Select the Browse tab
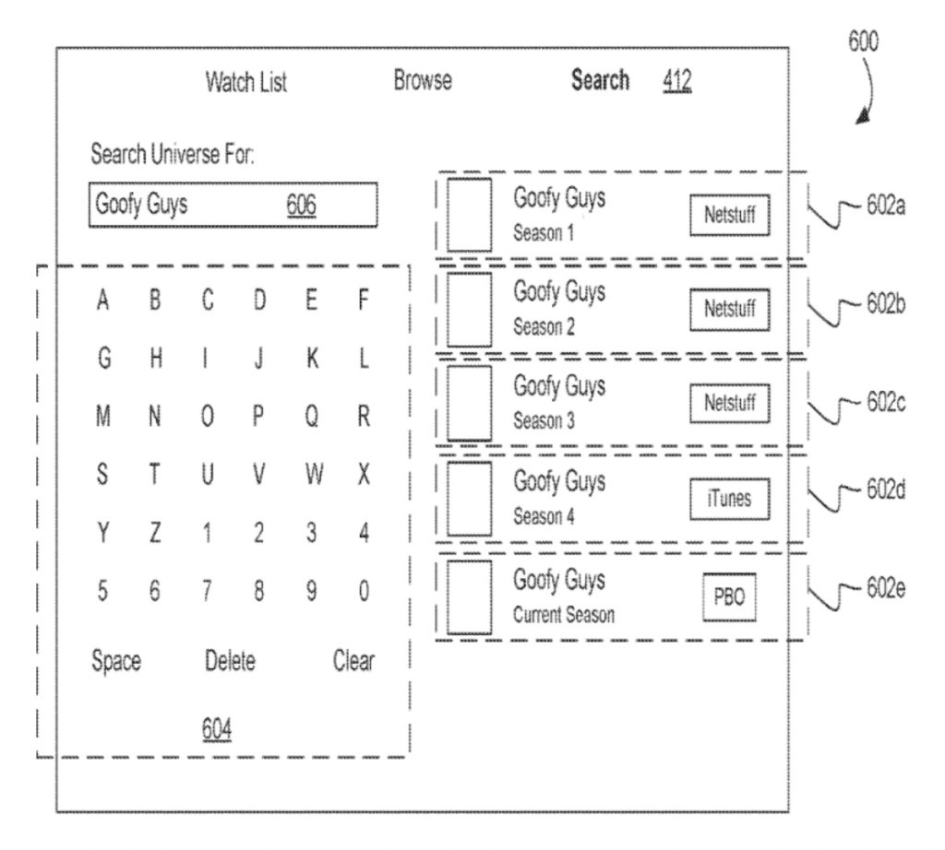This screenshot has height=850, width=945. pyautogui.click(x=422, y=82)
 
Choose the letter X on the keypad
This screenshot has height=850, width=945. pyautogui.click(x=364, y=479)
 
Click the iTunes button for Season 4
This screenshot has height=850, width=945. pyautogui.click(x=730, y=498)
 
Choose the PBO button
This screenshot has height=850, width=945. pyautogui.click(x=728, y=596)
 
